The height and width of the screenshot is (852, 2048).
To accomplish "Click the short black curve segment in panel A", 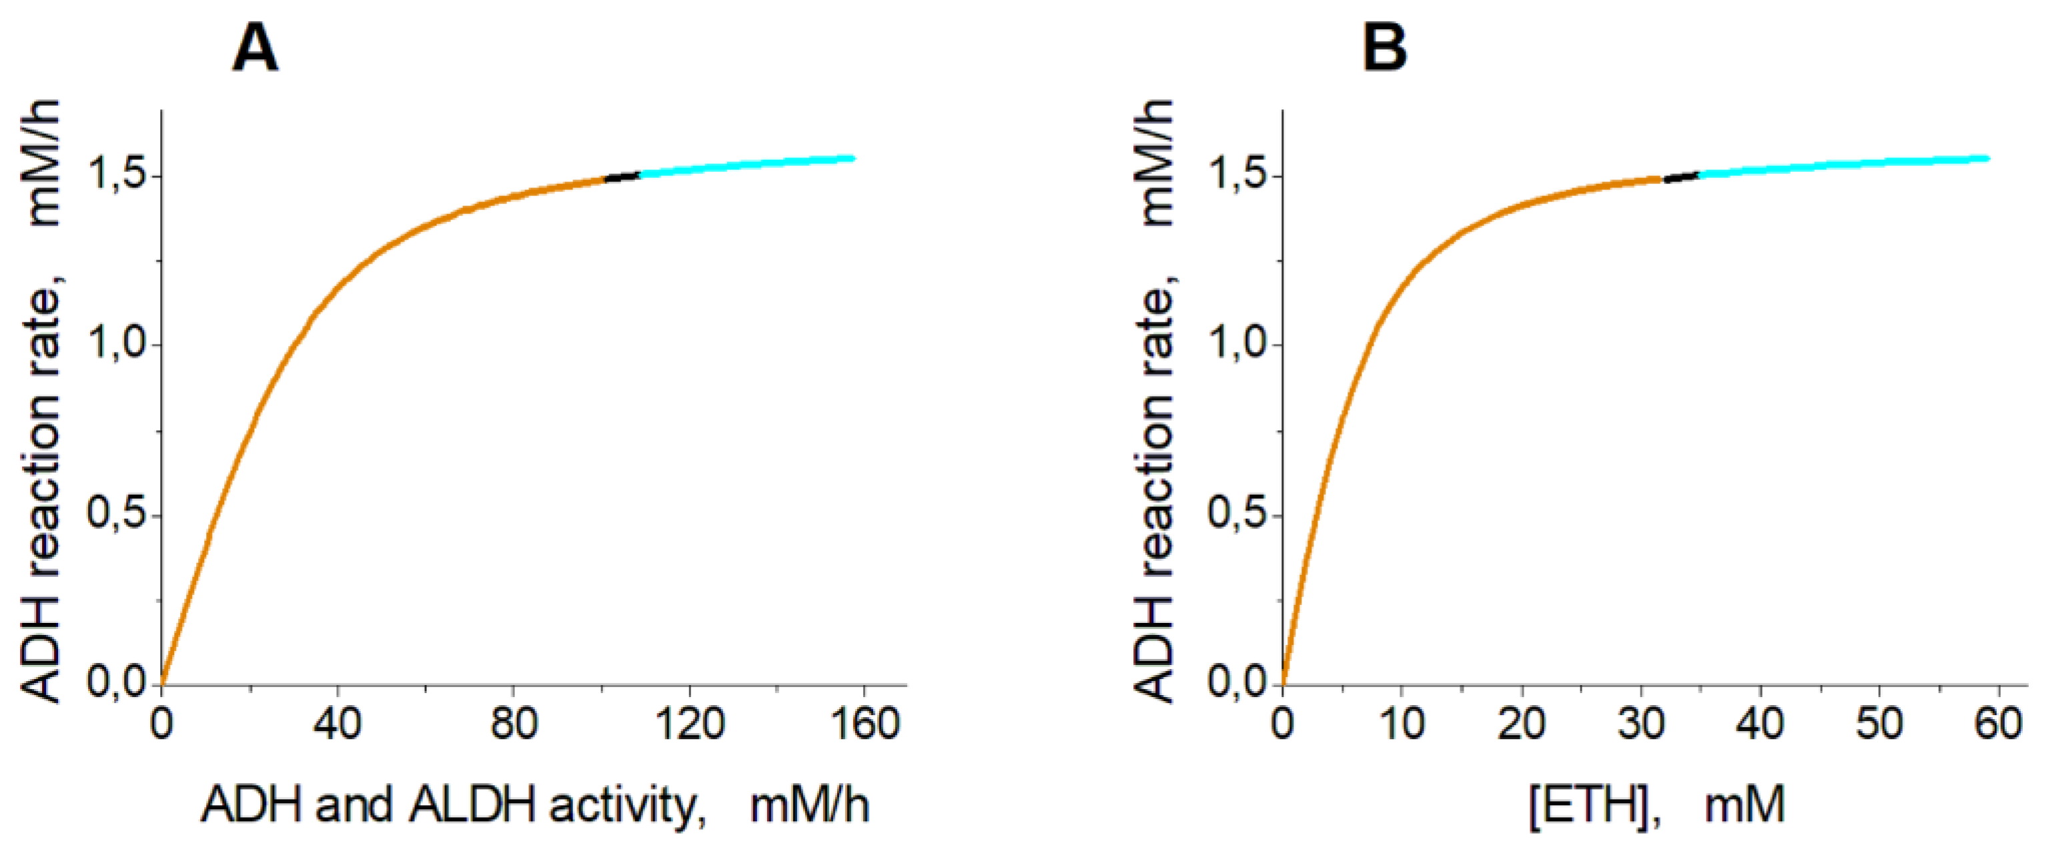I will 622,176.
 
